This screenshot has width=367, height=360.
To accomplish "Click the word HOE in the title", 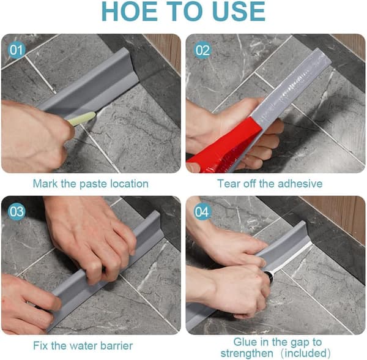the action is (130, 12).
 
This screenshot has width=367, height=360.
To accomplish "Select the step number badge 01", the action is (17, 50).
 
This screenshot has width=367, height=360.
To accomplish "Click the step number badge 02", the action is (202, 50).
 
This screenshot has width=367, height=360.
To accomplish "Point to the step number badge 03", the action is (17, 211).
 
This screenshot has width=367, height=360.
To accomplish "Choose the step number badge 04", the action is (202, 212).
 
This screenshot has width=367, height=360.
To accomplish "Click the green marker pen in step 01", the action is (81, 119).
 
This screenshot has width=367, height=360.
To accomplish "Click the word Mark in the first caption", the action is (45, 184).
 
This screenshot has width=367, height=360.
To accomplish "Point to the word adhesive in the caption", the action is (300, 184).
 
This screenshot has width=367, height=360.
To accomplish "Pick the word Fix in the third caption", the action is (40, 346).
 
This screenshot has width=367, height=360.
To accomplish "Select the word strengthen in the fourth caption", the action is (247, 353).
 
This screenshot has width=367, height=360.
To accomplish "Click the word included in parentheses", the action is (306, 353).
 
